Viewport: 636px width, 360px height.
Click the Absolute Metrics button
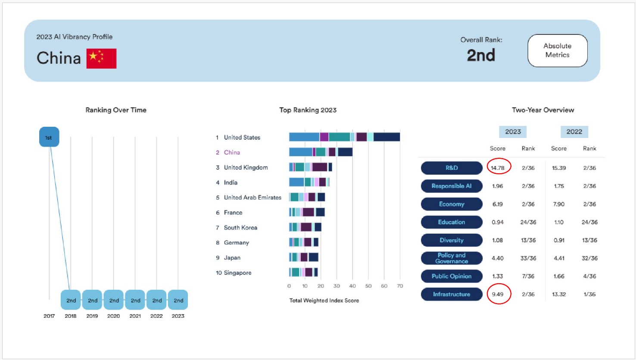click(x=557, y=50)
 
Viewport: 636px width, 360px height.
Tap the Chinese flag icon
click(x=101, y=59)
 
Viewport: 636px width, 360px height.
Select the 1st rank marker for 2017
click(x=49, y=138)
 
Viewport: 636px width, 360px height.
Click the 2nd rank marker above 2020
click(x=114, y=300)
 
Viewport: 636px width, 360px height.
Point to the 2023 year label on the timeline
click(x=178, y=316)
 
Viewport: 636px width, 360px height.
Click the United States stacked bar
click(x=344, y=137)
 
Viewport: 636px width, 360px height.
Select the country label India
click(x=231, y=182)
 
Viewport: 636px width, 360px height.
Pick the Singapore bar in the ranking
click(x=303, y=272)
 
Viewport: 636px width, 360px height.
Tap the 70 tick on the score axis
click(x=400, y=286)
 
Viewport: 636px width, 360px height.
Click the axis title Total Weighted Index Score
click(x=324, y=301)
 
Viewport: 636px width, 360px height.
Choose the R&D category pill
click(x=452, y=168)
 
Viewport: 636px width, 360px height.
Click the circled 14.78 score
click(x=498, y=168)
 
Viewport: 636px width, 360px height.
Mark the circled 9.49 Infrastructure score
click(x=498, y=294)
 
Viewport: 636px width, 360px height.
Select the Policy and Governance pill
click(x=452, y=258)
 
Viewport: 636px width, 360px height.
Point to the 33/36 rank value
click(x=528, y=258)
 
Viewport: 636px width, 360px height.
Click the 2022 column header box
click(x=574, y=132)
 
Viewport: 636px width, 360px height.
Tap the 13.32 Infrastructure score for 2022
click(x=559, y=294)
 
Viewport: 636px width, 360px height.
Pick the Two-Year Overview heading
click(x=543, y=110)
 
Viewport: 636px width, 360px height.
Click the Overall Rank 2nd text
click(x=481, y=55)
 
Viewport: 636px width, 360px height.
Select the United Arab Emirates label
click(x=253, y=197)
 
